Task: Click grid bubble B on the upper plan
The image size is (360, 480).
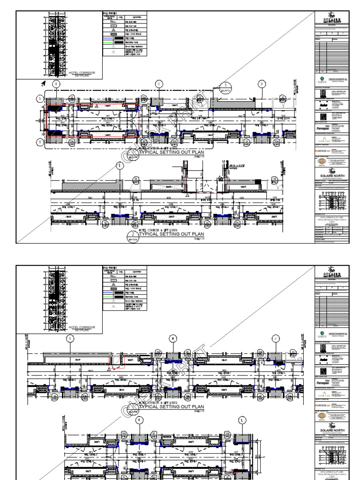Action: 57,84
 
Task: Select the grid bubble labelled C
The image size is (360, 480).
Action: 159,84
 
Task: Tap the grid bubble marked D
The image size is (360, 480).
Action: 262,84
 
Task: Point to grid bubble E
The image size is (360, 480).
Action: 120,166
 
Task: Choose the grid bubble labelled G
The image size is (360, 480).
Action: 70,338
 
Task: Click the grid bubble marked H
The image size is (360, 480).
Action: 172,338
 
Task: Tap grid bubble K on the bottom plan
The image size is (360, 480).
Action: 139,420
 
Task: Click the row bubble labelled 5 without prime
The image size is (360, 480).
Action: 41,99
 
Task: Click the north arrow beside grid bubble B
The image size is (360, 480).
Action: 43,84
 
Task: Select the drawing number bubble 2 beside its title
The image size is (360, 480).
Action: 133,235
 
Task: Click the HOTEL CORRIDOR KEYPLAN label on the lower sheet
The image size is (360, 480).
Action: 82,328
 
